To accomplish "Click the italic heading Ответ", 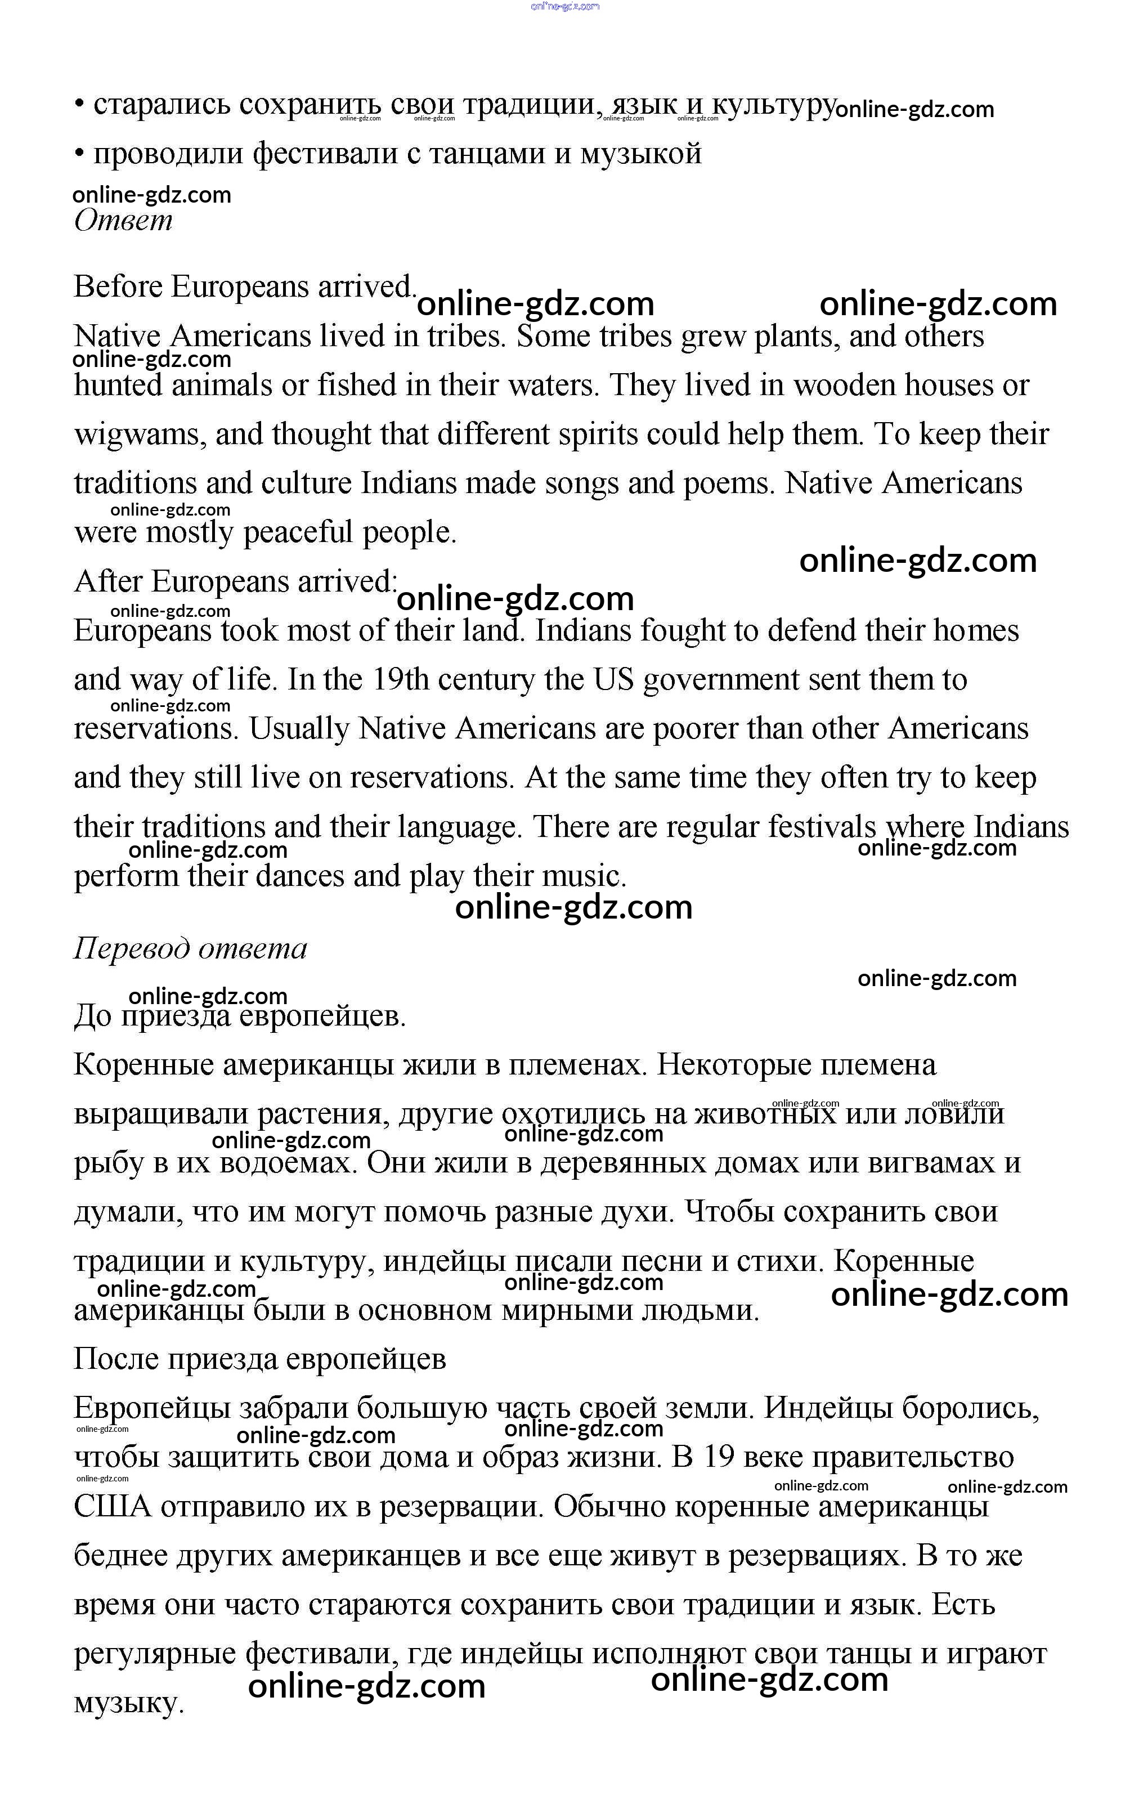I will tap(123, 221).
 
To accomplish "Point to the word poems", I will tap(729, 483).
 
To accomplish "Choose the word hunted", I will tap(118, 386).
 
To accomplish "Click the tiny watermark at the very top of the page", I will tap(565, 7).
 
